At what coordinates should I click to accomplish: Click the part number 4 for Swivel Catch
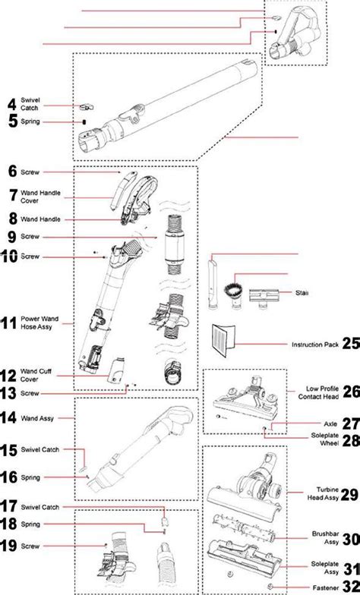tap(11, 104)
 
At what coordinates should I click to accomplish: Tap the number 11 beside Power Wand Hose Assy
tap(10, 323)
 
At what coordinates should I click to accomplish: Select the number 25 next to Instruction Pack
tap(349, 344)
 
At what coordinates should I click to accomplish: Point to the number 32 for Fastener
tap(349, 587)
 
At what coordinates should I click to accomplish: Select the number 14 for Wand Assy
tap(11, 417)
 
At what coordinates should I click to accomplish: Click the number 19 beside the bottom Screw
tap(11, 546)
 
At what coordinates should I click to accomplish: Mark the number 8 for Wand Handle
tap(11, 219)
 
